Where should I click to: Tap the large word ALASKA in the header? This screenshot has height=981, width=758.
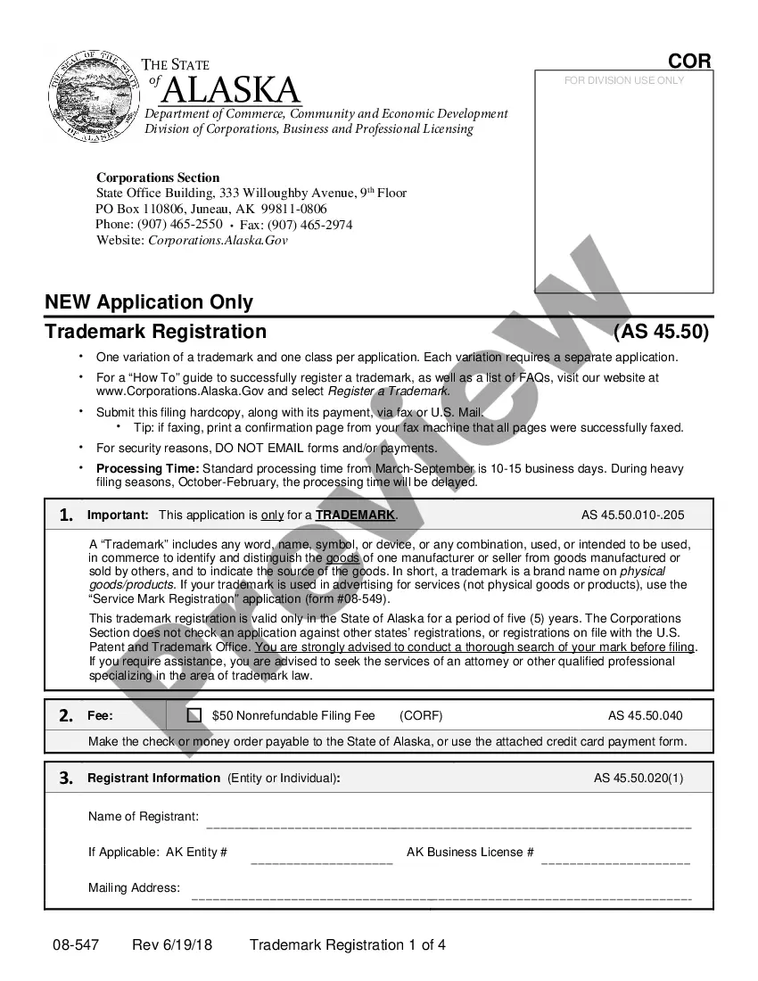coord(232,90)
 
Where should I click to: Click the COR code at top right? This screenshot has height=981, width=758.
coord(689,61)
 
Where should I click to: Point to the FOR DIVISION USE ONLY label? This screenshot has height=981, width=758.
coord(624,80)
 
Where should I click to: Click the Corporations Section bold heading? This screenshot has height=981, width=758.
coord(158,177)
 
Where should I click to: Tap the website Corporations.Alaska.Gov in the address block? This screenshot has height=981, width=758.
coord(218,240)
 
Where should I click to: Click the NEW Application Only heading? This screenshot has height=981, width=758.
coord(149,302)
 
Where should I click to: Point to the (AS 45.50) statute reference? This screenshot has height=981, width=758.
coord(661,332)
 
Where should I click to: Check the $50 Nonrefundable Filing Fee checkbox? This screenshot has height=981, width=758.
coord(194,715)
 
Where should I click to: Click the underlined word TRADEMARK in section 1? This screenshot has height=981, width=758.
coord(355,515)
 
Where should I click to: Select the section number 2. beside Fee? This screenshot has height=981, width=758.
coord(66,715)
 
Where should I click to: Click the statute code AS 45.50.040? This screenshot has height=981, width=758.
coord(645,715)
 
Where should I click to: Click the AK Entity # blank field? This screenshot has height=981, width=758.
coord(322,861)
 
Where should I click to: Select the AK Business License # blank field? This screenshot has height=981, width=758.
coord(615,861)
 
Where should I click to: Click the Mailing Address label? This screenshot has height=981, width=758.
coord(134,887)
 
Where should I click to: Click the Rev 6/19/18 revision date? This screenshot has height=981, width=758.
coord(172,945)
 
